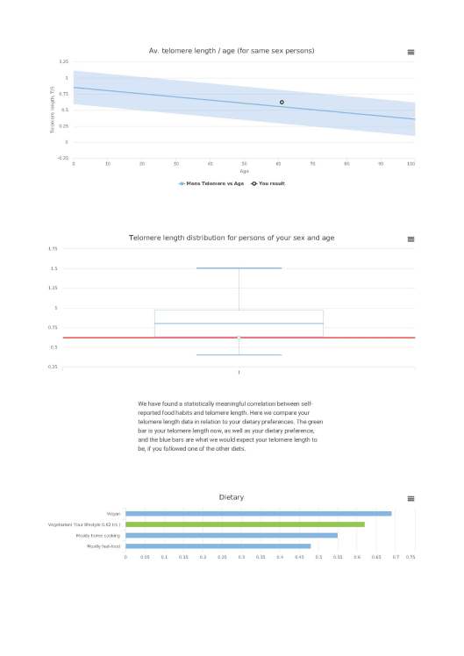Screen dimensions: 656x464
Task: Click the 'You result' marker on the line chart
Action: (x=282, y=103)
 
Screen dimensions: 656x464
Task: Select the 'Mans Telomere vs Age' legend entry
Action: (x=211, y=183)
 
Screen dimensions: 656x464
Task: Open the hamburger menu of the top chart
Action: (x=410, y=52)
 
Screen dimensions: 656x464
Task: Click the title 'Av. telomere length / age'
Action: (x=232, y=51)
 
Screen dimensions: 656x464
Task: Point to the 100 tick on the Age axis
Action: (x=411, y=163)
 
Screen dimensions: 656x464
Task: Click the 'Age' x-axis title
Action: (x=244, y=171)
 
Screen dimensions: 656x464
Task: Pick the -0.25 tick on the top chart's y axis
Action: (x=62, y=158)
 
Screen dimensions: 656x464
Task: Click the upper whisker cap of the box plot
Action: (x=239, y=268)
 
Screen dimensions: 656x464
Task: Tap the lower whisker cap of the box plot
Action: (x=239, y=355)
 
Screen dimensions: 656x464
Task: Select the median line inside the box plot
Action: (x=239, y=324)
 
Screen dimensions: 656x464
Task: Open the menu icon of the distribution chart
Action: (x=410, y=239)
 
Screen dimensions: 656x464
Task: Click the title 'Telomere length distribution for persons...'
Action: (x=232, y=238)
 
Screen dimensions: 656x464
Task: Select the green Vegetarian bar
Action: (x=245, y=524)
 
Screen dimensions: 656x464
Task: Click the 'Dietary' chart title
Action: (x=232, y=497)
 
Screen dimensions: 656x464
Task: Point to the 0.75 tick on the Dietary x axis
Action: (x=410, y=556)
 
